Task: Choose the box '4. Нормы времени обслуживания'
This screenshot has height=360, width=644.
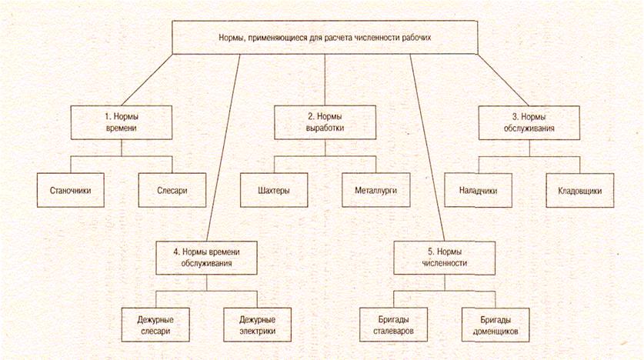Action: point(205,257)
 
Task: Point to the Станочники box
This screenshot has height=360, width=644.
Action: point(71,189)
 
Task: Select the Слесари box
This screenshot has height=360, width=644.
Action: point(173,189)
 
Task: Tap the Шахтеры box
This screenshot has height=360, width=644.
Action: point(275,189)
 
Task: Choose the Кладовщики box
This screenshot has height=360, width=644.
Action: point(580,189)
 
